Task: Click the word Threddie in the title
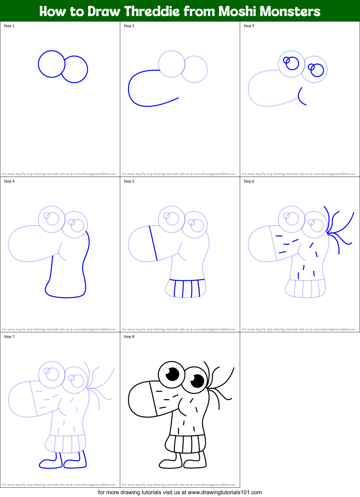click(x=152, y=12)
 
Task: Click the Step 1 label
click(x=9, y=26)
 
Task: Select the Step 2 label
click(x=129, y=26)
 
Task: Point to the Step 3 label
click(x=249, y=26)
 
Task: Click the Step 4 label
click(x=9, y=181)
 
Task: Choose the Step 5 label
click(x=129, y=181)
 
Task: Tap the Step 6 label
click(x=249, y=181)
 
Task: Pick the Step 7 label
click(x=9, y=337)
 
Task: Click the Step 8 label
click(x=129, y=337)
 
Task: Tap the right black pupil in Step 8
click(x=197, y=381)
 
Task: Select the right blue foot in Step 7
click(x=75, y=464)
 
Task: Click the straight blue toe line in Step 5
click(x=153, y=243)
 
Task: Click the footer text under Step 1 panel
click(x=59, y=174)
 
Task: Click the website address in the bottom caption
click(x=225, y=492)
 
